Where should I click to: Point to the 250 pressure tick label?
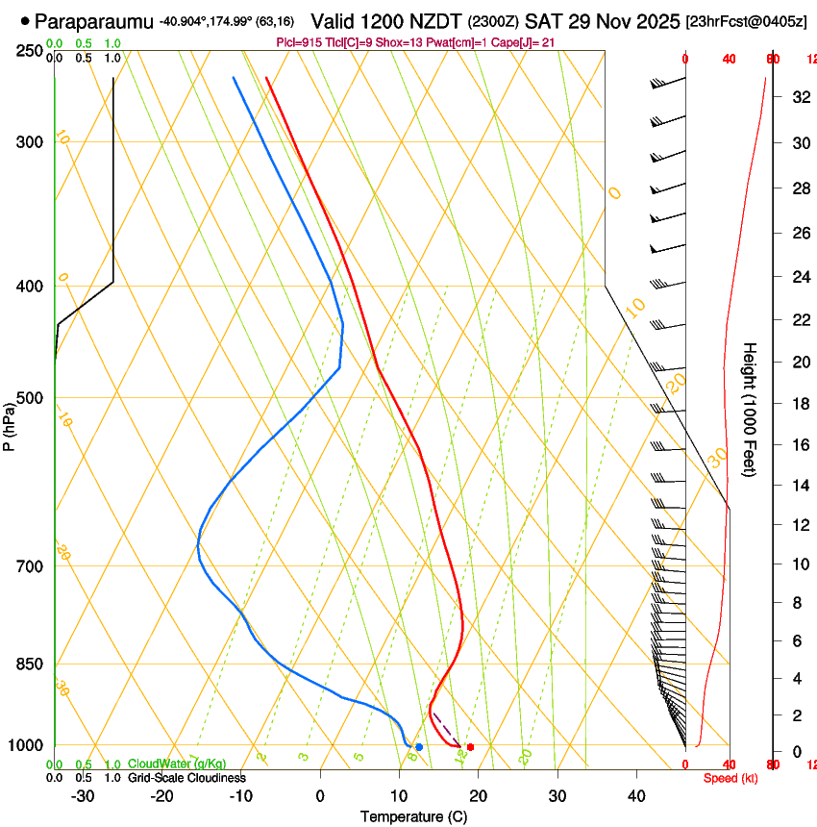30,51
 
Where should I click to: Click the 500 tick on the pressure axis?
30,398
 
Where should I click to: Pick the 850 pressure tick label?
30,664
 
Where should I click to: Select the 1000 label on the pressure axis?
26,745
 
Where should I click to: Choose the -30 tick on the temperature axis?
83,796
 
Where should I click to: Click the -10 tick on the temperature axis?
240,796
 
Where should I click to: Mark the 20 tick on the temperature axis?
479,796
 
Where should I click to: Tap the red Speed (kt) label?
730,778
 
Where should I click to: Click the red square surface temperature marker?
470,747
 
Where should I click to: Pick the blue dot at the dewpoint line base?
419,747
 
